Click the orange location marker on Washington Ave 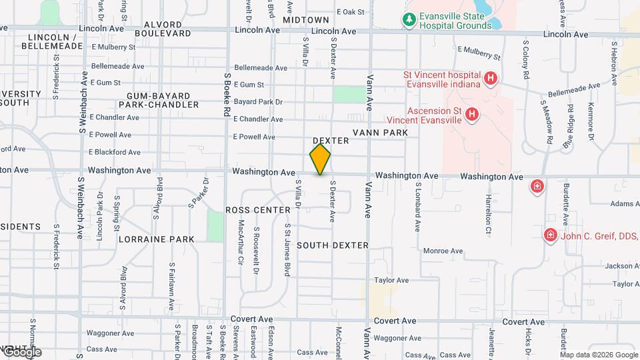[320, 159]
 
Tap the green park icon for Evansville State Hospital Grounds [409, 19]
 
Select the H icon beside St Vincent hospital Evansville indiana [491, 79]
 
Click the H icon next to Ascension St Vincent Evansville [472, 115]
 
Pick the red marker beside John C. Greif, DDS [550, 235]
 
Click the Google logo [21, 351]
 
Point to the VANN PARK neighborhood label [380, 133]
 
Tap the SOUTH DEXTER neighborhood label [333, 245]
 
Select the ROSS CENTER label [258, 210]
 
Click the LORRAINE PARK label [157, 239]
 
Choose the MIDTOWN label [306, 20]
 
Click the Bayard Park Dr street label [259, 102]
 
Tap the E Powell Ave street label [254, 137]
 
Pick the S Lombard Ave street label [418, 207]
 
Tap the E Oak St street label [351, 11]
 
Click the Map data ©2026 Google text [599, 354]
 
